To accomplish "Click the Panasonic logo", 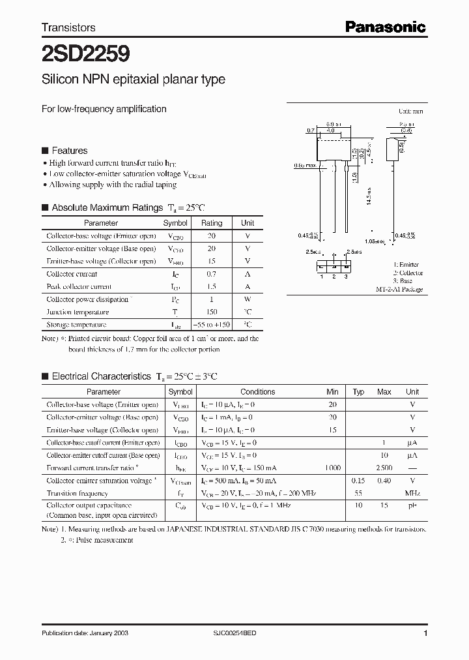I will [x=385, y=27].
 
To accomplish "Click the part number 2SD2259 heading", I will [x=77, y=52].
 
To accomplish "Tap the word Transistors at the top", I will [x=68, y=27].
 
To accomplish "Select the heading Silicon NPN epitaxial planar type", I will [x=133, y=80].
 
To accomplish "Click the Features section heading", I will [x=69, y=151].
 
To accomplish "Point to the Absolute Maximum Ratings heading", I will [x=107, y=207].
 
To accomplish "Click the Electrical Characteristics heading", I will [x=101, y=376].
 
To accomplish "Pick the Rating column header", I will [x=211, y=223].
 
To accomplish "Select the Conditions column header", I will [x=257, y=392].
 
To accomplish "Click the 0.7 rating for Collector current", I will [x=211, y=274].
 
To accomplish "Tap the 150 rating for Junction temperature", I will [x=211, y=312].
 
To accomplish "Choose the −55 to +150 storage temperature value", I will [x=211, y=324].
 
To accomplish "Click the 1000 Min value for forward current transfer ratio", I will [x=332, y=468].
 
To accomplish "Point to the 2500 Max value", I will [x=384, y=468].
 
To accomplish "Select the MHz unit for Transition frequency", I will [x=412, y=493].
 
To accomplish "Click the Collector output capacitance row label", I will [x=89, y=505].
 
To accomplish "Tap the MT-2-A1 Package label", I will [x=399, y=289].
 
